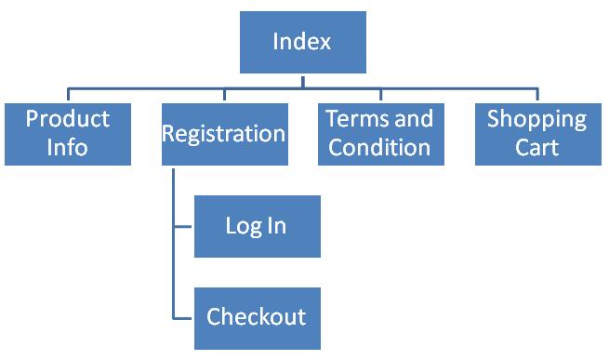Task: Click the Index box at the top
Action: [x=302, y=42]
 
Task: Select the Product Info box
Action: [x=68, y=133]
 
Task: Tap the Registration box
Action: [x=223, y=133]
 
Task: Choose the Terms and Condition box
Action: [x=380, y=133]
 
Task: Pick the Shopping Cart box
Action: [x=537, y=133]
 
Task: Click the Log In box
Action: [x=257, y=226]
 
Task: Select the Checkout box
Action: [x=257, y=317]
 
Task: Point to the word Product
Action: [x=68, y=119]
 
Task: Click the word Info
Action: [x=68, y=147]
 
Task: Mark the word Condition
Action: [x=380, y=147]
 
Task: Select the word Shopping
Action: [x=537, y=119]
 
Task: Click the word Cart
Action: [x=537, y=147]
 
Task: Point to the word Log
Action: [x=242, y=226]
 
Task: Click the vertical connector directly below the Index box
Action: [x=302, y=81]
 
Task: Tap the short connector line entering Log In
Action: [x=183, y=226]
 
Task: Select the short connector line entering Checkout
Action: [x=183, y=317]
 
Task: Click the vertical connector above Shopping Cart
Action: [x=537, y=95]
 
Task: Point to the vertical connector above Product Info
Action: [x=68, y=95]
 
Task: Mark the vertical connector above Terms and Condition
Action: [x=380, y=95]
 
